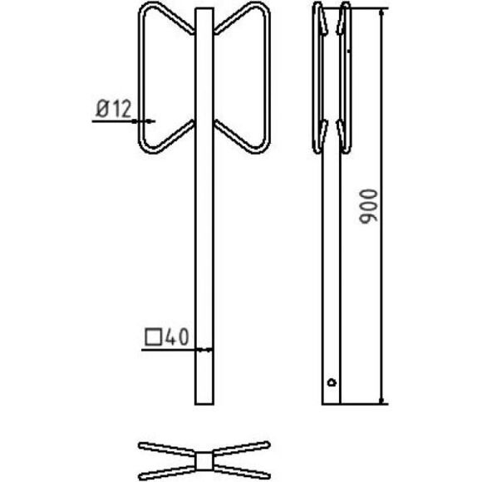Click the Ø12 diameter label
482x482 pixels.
pos(113,109)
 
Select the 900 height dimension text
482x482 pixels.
pos(368,206)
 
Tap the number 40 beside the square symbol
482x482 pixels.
pos(177,337)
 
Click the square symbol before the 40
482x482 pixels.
pos(154,337)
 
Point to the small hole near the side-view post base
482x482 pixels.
pos(332,382)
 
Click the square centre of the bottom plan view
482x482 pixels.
pos(204,461)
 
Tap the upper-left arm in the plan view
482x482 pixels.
pos(166,449)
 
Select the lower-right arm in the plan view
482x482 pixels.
pos(242,473)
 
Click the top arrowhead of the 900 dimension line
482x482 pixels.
pos(381,13)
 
